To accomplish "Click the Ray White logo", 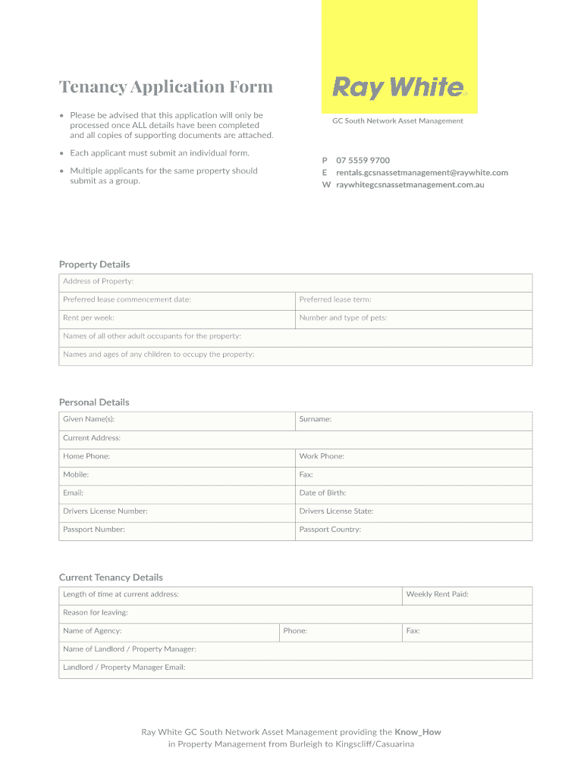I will pyautogui.click(x=399, y=88).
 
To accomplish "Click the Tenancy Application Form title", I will pyautogui.click(x=166, y=86).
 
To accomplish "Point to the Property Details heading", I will pyautogui.click(x=95, y=264).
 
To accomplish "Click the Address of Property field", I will pyautogui.click(x=296, y=282).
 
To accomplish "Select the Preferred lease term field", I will pyautogui.click(x=413, y=300).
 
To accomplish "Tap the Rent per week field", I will pyautogui.click(x=177, y=318).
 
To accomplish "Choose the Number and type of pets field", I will pyautogui.click(x=413, y=318).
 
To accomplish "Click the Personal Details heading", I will pyautogui.click(x=94, y=402).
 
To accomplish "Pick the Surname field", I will pyautogui.click(x=413, y=420).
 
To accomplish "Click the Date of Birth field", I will pyautogui.click(x=413, y=493).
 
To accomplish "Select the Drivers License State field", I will pyautogui.click(x=413, y=512).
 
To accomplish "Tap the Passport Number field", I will pyautogui.click(x=177, y=530).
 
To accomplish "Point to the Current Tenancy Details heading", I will pyautogui.click(x=111, y=577).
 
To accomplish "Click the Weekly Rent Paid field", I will pyautogui.click(x=466, y=595).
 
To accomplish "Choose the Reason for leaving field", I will pyautogui.click(x=296, y=613).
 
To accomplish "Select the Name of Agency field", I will pyautogui.click(x=168, y=631).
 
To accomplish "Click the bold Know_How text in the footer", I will pyautogui.click(x=417, y=732).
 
